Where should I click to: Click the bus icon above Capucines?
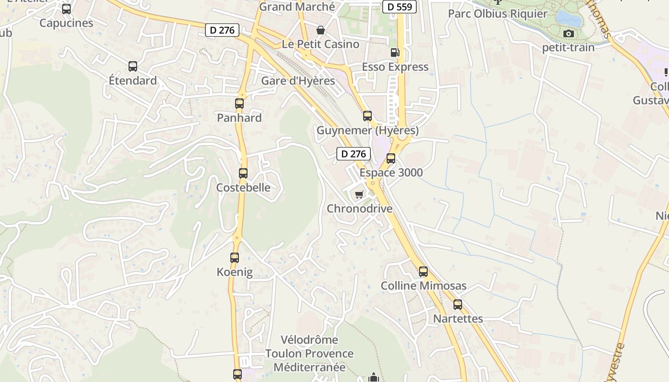[66, 9]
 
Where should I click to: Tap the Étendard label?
[133, 81]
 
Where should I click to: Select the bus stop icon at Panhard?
[239, 104]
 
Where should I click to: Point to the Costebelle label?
[243, 188]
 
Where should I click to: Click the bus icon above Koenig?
[235, 258]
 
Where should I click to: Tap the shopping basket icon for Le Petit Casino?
[321, 31]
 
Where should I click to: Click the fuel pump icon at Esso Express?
[395, 53]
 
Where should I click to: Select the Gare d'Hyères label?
[298, 81]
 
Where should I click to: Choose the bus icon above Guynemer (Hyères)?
[367, 116]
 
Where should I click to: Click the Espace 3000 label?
[391, 172]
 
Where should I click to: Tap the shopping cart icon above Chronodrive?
[359, 194]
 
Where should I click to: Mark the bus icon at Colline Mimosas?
[423, 272]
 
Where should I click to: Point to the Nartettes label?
[458, 318]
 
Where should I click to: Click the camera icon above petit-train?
[568, 33]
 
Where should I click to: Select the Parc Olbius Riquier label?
[497, 13]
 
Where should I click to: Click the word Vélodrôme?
[309, 340]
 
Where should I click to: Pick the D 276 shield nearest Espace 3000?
[354, 154]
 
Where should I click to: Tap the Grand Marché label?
[297, 7]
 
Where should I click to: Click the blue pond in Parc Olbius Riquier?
[569, 19]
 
